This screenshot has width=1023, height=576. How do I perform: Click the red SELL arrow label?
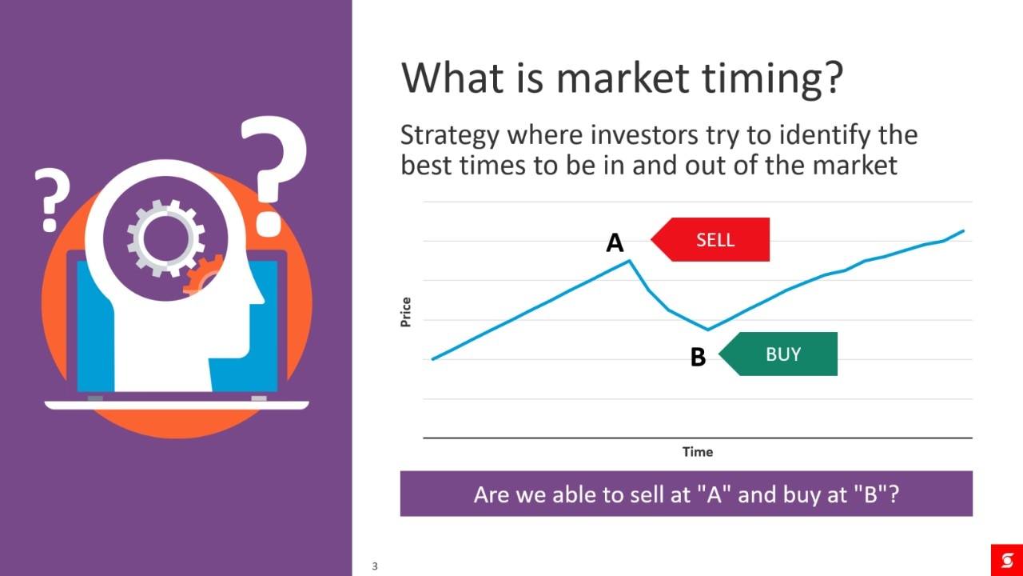711,239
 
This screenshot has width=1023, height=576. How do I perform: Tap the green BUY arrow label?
778,354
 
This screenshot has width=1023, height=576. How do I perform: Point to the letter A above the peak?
615,242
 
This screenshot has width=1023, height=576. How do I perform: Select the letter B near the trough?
698,357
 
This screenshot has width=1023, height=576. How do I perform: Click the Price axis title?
405,312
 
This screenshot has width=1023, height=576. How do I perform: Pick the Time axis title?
698,452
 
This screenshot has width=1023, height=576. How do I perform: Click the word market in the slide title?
622,78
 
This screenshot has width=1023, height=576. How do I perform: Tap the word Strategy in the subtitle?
450,136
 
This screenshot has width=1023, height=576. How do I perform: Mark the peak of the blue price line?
630,261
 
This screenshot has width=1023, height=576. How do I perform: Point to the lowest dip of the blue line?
708,329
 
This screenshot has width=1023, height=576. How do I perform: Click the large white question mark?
274,176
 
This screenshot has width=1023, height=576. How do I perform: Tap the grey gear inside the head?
165,238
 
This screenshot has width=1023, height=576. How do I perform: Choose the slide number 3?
375,566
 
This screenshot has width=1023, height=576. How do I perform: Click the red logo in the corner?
1006,560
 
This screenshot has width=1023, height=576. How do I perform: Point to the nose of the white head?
257,295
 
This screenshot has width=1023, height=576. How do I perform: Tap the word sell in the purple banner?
647,494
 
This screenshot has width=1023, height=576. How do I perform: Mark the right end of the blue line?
963,231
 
